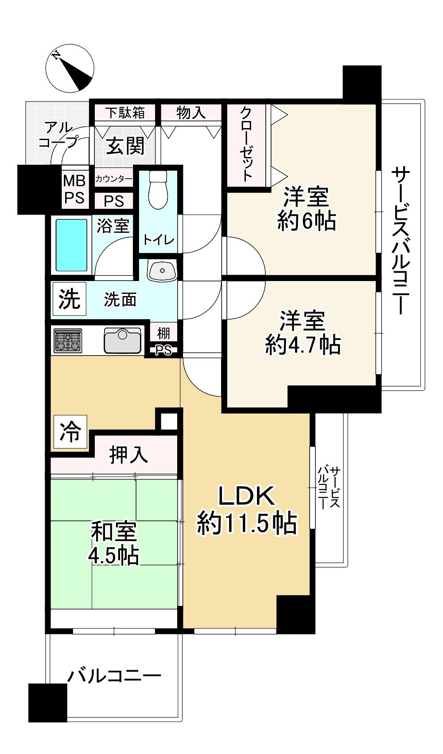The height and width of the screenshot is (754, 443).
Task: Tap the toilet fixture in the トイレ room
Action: [157, 191]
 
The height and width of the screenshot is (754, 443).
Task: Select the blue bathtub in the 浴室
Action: [71, 245]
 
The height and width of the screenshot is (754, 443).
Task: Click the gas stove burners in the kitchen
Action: [68, 340]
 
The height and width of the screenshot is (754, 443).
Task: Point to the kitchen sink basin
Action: [122, 340]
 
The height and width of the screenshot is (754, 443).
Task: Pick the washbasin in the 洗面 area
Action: [162, 270]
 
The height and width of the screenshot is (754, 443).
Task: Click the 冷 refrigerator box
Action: [70, 431]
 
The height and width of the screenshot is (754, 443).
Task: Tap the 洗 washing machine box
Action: [70, 300]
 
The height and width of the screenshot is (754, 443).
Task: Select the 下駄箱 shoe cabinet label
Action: [125, 113]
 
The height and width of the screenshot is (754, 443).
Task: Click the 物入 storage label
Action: [191, 113]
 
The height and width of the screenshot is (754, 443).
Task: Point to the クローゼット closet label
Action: [246, 144]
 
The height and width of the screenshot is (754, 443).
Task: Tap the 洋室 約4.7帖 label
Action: [303, 332]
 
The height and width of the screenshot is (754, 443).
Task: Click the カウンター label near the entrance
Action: [113, 179]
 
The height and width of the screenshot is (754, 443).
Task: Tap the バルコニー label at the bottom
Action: [114, 676]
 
